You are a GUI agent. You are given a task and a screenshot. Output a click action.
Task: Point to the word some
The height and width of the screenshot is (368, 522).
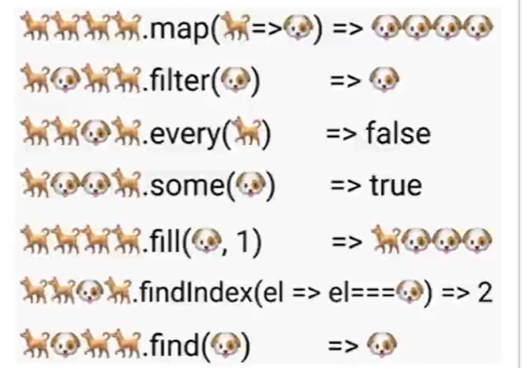click(x=185, y=187)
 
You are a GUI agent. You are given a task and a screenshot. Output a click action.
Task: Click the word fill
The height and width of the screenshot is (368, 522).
click(x=168, y=240)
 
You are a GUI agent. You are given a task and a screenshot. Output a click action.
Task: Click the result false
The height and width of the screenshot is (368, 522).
click(x=399, y=133)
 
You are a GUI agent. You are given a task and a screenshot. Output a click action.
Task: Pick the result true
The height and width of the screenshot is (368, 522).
click(x=394, y=187)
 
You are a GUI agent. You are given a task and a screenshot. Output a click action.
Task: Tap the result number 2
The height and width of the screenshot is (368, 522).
click(x=484, y=292)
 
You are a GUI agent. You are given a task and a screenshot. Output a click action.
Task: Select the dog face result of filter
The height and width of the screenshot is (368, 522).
click(x=385, y=82)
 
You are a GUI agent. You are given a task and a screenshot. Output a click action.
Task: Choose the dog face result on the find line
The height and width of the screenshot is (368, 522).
click(x=383, y=344)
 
